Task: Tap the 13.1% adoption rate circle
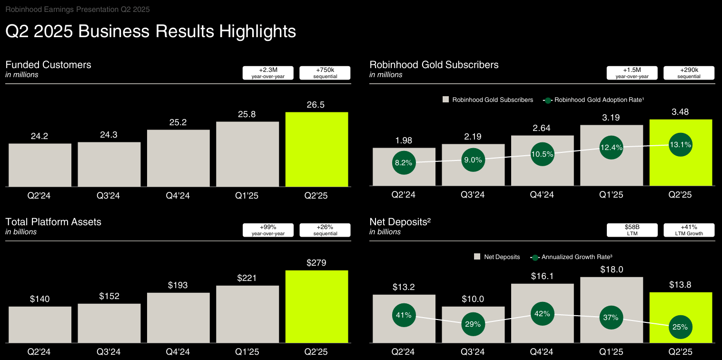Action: click(681, 145)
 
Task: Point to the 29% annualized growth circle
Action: click(473, 324)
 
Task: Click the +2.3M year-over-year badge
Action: click(268, 73)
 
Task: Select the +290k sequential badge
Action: click(689, 73)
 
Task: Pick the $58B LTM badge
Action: click(632, 230)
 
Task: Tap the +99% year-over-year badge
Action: click(268, 230)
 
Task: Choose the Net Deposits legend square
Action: click(477, 257)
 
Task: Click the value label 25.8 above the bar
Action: click(247, 114)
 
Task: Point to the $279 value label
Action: click(316, 263)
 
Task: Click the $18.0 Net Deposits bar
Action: click(611, 310)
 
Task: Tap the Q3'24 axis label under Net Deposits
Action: click(473, 352)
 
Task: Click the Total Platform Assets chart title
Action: click(53, 222)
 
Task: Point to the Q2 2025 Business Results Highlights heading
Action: click(150, 31)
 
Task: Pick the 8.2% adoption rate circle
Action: click(404, 162)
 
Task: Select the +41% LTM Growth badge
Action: click(689, 230)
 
